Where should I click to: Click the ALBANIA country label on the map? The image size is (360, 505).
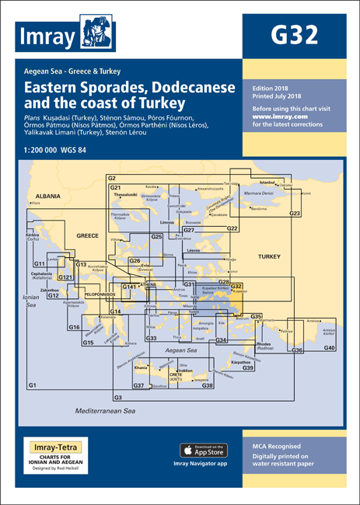[44, 197]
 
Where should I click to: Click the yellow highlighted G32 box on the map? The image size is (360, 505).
[236, 287]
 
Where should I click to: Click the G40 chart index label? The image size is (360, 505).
[329, 347]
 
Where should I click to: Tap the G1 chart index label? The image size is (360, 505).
[31, 386]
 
